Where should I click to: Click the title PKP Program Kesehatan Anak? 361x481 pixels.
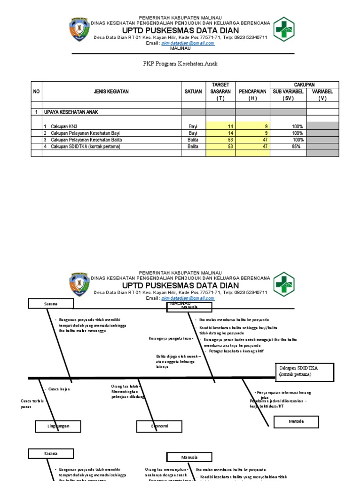[x=180, y=63]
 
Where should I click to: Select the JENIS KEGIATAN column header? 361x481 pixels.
[x=111, y=92]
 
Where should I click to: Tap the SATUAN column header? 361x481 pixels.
[x=193, y=92]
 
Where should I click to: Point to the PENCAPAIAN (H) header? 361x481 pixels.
[x=252, y=94]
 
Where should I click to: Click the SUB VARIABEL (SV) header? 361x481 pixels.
[x=288, y=94]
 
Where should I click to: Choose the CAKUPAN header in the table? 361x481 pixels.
[x=304, y=84]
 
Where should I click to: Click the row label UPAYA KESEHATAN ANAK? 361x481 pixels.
[x=71, y=112]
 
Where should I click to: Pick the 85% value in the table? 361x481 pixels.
[x=296, y=147]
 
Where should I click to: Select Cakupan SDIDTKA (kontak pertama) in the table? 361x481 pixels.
[x=86, y=147]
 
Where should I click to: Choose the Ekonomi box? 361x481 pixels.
[x=159, y=426]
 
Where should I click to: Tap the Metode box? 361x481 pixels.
[x=296, y=421]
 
